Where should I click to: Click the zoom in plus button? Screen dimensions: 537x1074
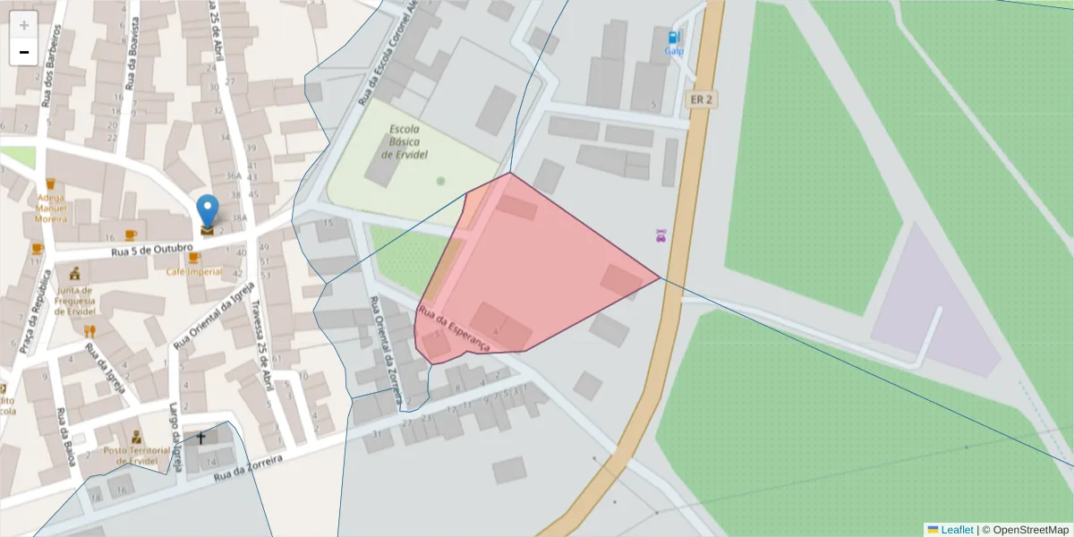(24, 25)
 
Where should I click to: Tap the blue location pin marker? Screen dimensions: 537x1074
(208, 212)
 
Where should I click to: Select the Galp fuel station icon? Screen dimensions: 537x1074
(673, 38)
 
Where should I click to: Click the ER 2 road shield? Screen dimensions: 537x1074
(701, 99)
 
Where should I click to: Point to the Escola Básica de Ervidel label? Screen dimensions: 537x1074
(405, 141)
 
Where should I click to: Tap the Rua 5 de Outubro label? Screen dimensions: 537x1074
(151, 249)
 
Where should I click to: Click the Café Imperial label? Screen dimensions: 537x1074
(193, 271)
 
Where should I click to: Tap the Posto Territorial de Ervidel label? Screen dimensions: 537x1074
(136, 455)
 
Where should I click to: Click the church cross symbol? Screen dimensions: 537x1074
(200, 439)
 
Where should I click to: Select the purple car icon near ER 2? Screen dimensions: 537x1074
(661, 236)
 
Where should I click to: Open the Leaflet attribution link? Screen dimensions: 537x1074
(956, 530)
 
